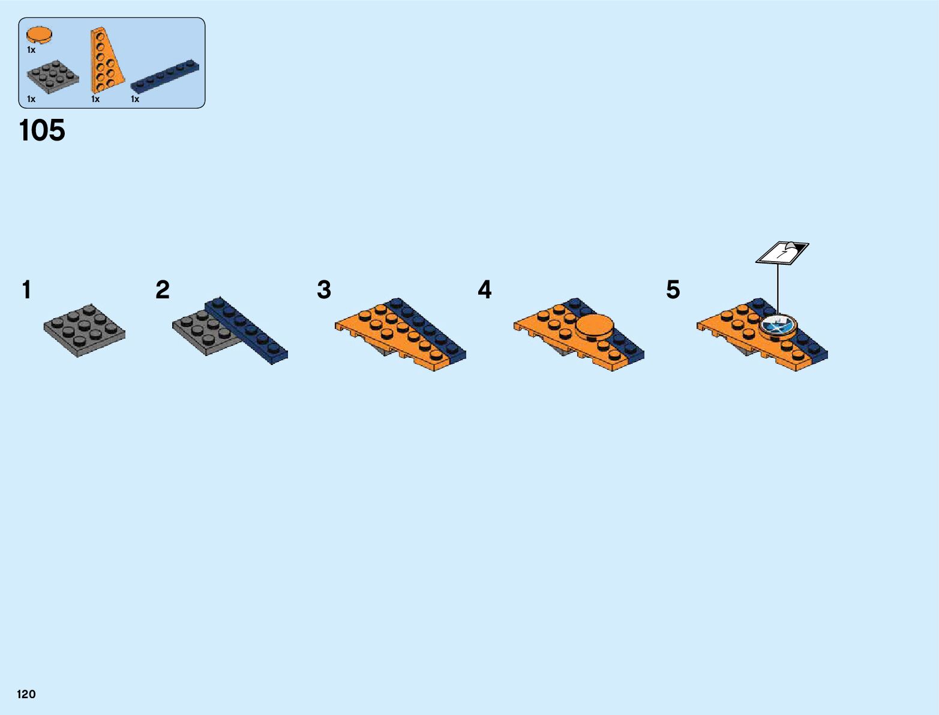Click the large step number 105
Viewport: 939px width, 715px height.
pyautogui.click(x=42, y=130)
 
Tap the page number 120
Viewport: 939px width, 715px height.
pyautogui.click(x=26, y=694)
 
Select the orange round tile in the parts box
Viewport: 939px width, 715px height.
pyautogui.click(x=39, y=35)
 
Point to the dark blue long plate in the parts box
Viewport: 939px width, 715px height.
pyautogui.click(x=165, y=76)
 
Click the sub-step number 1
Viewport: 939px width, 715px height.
pyautogui.click(x=26, y=290)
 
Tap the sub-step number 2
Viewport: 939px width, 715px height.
pyautogui.click(x=163, y=290)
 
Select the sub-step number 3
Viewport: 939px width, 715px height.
pyautogui.click(x=324, y=290)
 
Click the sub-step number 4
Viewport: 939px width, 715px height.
pyautogui.click(x=485, y=290)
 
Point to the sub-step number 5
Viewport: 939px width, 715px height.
pyautogui.click(x=673, y=290)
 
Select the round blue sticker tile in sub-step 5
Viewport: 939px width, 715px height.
pyautogui.click(x=778, y=327)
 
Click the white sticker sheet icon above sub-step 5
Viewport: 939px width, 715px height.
pyautogui.click(x=782, y=252)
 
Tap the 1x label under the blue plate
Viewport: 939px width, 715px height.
pyautogui.click(x=135, y=99)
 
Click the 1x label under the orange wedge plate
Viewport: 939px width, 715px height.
pyautogui.click(x=95, y=99)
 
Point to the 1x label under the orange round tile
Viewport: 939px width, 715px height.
pyautogui.click(x=31, y=50)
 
